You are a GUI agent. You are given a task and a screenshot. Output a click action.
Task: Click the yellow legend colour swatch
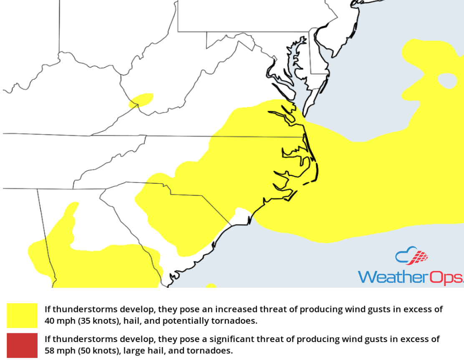click(22, 315)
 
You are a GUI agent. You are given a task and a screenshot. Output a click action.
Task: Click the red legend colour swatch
click(22, 345)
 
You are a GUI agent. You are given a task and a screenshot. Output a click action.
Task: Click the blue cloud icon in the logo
click(404, 256)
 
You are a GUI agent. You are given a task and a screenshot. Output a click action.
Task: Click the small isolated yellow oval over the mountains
click(141, 100)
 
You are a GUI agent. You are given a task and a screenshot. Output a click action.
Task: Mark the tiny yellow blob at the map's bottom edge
click(211, 286)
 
